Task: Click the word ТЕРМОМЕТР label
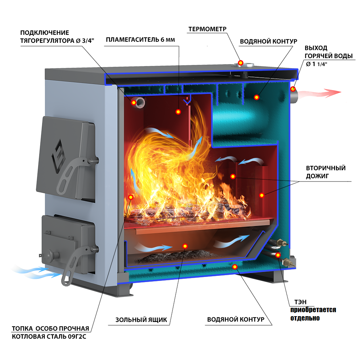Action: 207,29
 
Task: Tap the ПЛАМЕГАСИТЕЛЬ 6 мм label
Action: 140,40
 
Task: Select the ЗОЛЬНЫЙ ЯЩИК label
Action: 141,320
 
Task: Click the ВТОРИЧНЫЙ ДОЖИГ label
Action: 326,172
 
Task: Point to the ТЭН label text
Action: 300,302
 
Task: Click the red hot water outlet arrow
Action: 319,93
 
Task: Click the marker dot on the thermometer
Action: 241,63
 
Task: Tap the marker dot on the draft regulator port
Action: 134,102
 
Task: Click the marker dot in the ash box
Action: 185,246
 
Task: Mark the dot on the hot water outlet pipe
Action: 293,89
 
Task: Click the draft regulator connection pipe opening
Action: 140,102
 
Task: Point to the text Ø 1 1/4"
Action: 317,64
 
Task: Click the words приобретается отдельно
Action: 313,314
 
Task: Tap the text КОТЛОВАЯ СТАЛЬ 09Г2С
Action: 49,337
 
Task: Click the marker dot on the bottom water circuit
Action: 235,267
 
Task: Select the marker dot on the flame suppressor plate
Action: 178,112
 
